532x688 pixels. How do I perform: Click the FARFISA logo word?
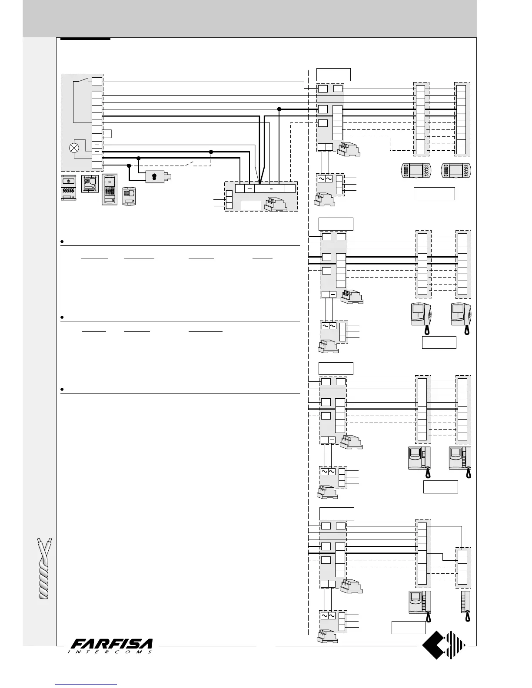click(x=112, y=644)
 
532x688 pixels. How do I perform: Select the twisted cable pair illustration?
click(x=46, y=568)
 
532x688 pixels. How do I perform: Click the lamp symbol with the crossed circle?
click(x=75, y=148)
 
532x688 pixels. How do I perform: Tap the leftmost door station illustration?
click(x=69, y=188)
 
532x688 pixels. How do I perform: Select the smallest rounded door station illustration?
click(x=129, y=195)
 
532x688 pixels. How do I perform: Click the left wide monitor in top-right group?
click(x=416, y=170)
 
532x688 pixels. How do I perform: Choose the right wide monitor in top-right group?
click(x=456, y=170)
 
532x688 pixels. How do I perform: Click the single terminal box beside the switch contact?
click(x=97, y=81)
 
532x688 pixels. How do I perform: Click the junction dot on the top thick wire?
click(x=279, y=109)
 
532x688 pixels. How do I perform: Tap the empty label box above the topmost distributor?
click(x=333, y=74)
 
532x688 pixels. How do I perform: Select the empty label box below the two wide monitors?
click(x=434, y=194)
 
